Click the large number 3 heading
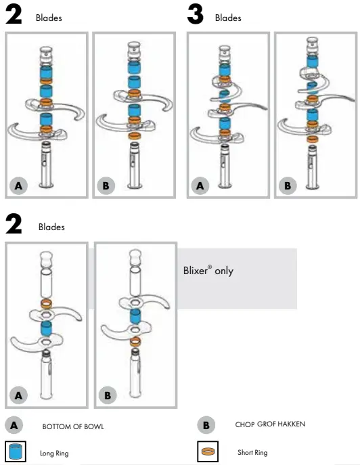tap(196, 15)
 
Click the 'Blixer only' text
tap(208, 271)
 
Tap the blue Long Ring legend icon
tap(15, 451)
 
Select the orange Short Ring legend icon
tap(207, 451)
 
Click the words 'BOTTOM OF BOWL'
tap(73, 426)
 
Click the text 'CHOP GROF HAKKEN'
tap(270, 424)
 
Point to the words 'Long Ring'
tap(55, 453)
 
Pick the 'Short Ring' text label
tap(252, 452)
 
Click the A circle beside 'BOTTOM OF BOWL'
tap(14, 426)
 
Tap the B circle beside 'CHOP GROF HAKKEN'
tap(206, 425)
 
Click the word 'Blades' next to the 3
tap(228, 18)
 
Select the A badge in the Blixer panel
tap(20, 394)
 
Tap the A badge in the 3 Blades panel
tap(200, 185)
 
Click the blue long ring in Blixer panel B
tap(135, 317)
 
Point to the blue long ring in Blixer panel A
tap(46, 329)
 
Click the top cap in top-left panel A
tap(46, 52)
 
